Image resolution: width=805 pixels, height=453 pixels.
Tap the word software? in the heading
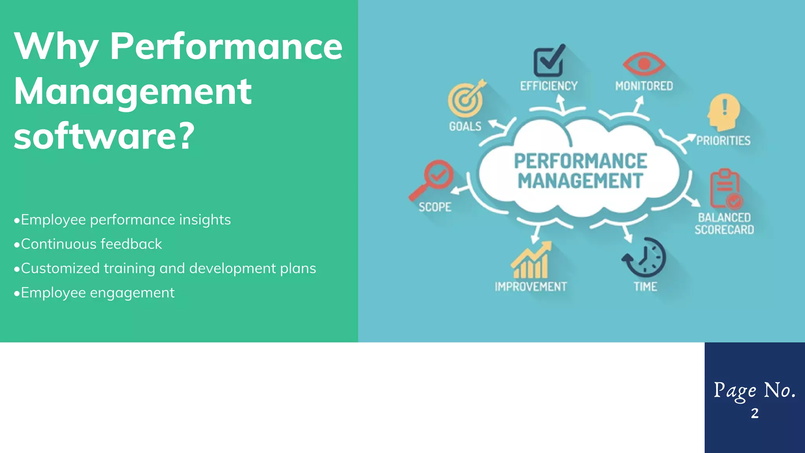pyautogui.click(x=104, y=136)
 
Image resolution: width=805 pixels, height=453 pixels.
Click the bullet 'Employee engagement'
pyautogui.click(x=94, y=293)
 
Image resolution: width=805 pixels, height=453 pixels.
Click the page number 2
pyautogui.click(x=754, y=413)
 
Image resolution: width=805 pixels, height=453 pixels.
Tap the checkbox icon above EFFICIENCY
pyautogui.click(x=549, y=61)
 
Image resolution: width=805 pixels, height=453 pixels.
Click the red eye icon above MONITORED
pyautogui.click(x=644, y=64)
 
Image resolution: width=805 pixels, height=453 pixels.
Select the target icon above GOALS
pyautogui.click(x=466, y=99)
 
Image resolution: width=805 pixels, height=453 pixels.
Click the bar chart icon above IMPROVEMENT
pyautogui.click(x=531, y=260)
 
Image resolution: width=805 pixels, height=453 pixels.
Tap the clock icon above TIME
pyautogui.click(x=645, y=258)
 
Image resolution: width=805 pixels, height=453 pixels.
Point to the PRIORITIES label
pyautogui.click(x=723, y=141)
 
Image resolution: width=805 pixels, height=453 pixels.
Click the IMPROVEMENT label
pyautogui.click(x=531, y=287)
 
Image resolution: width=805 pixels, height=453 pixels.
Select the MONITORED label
pyautogui.click(x=644, y=86)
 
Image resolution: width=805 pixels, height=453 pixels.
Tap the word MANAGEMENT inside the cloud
pyautogui.click(x=580, y=181)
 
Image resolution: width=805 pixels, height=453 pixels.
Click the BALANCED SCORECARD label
pyautogui.click(x=724, y=224)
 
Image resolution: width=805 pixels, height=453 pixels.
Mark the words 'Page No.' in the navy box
pyautogui.click(x=754, y=390)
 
